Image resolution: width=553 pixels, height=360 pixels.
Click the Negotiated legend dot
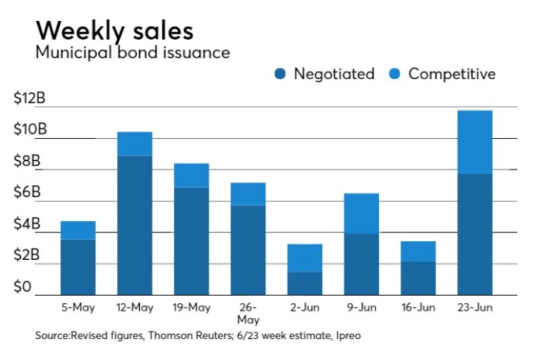(x=280, y=74)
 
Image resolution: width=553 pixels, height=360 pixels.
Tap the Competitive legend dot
(x=395, y=74)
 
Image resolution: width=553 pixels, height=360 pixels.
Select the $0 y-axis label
(x=24, y=286)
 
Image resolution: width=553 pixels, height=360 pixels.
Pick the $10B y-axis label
(x=30, y=129)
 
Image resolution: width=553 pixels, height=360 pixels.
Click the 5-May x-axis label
(x=78, y=307)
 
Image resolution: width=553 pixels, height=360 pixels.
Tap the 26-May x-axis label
(x=248, y=313)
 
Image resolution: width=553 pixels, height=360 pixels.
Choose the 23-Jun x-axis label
(x=475, y=307)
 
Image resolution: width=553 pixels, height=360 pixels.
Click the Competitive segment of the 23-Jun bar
(x=475, y=142)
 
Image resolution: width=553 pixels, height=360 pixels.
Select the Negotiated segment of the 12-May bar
(x=135, y=225)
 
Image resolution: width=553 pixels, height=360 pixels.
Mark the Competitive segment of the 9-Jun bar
(x=361, y=214)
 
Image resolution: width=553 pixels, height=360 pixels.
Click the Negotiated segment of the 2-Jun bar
(x=304, y=283)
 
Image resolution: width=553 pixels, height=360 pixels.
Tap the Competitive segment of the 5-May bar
(x=78, y=230)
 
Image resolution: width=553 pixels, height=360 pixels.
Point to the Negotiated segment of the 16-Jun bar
(x=418, y=278)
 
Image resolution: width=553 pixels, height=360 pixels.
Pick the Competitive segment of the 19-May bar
(x=191, y=176)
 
